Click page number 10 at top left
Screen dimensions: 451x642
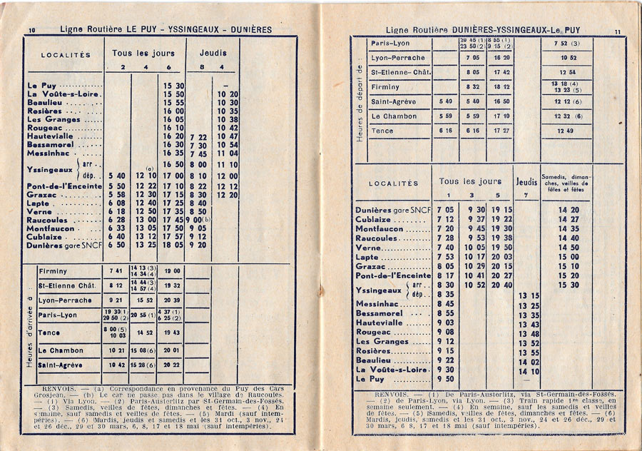[x=32, y=29]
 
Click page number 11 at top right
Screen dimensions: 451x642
[x=617, y=31]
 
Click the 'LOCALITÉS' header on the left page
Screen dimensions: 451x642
[x=66, y=54]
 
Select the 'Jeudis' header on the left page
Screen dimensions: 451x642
[x=213, y=53]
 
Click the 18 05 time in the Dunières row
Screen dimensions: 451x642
[x=173, y=245]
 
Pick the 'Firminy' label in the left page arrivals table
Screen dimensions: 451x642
[x=53, y=271]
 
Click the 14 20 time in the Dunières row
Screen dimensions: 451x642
[x=569, y=210]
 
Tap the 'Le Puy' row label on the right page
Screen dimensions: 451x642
[x=370, y=379]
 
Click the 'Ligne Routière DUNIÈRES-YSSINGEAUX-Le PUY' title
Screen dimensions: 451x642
[x=483, y=30]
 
